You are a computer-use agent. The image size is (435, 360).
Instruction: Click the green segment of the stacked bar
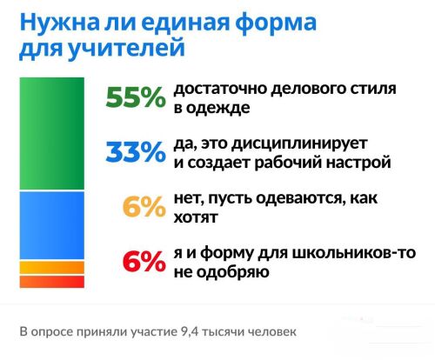[52, 134]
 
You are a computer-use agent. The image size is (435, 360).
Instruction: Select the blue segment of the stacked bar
[52, 225]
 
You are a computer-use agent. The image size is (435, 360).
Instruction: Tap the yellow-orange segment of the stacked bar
[52, 268]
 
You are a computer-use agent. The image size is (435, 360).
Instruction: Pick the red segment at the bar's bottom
[52, 282]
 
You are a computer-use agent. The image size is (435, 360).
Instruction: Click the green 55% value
[136, 97]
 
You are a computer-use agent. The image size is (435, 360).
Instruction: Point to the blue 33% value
[136, 151]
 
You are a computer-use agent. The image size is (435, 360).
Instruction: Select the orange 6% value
[144, 206]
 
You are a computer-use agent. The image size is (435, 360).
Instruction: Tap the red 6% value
[144, 261]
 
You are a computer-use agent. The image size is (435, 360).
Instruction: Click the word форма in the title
[276, 23]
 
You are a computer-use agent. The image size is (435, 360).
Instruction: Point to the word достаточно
[220, 89]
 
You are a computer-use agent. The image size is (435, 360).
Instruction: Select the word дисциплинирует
[299, 144]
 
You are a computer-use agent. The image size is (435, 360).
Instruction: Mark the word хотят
[196, 217]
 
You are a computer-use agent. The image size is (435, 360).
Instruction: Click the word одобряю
[233, 272]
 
